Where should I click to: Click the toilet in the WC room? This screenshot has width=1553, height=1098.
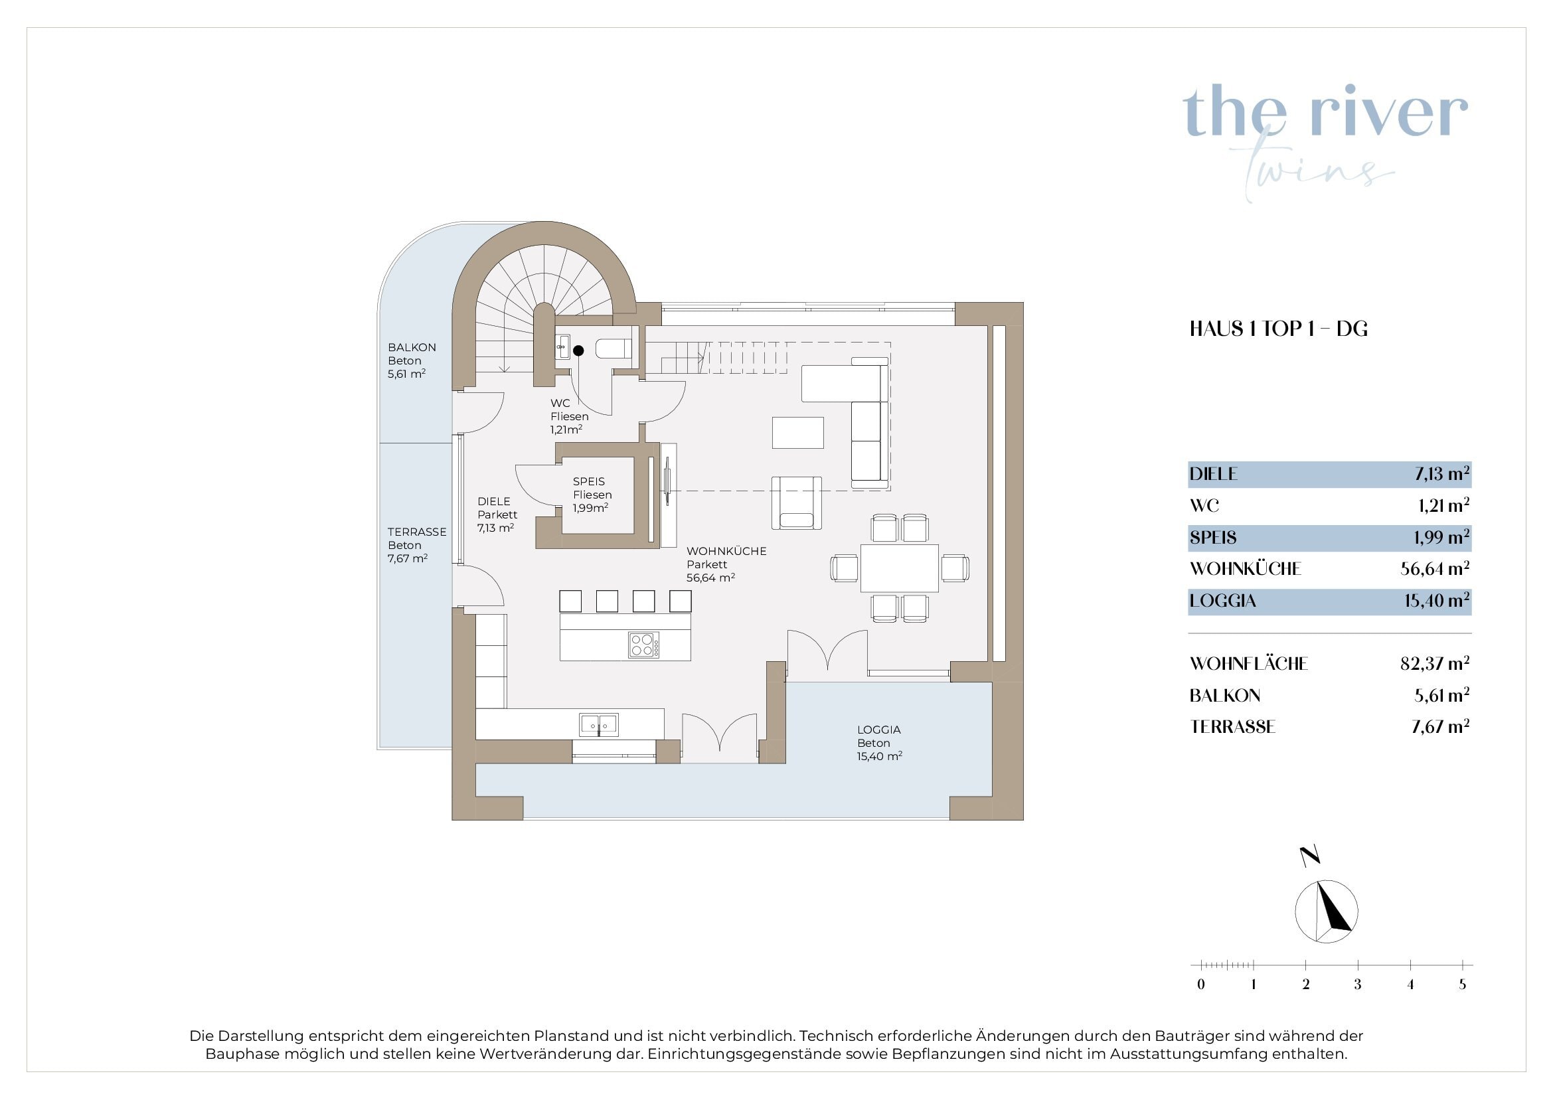[613, 349]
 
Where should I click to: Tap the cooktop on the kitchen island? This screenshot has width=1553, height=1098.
[643, 645]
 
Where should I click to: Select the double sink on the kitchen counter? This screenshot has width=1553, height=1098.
[599, 725]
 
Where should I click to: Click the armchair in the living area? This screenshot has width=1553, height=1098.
[797, 503]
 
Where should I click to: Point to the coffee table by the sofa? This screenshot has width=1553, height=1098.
[798, 433]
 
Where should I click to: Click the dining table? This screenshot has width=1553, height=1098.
[900, 568]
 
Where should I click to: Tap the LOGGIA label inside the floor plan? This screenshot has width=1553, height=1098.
[878, 730]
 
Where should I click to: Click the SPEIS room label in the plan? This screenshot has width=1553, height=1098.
[588, 481]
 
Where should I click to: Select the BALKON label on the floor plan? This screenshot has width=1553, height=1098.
[412, 347]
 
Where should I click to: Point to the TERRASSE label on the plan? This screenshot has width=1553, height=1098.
[417, 532]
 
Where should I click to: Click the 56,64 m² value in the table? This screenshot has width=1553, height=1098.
[1435, 568]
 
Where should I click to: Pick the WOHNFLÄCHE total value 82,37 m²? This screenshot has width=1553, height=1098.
[1435, 663]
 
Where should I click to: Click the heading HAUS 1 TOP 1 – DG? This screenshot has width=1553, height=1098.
[1278, 329]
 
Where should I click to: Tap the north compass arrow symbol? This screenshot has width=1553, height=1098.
[1327, 911]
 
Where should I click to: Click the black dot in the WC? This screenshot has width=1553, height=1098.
[578, 351]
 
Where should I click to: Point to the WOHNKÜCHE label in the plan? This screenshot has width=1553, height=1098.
[726, 551]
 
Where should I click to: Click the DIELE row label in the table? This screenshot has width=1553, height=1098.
[1214, 474]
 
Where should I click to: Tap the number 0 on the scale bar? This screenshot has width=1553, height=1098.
[1200, 984]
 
